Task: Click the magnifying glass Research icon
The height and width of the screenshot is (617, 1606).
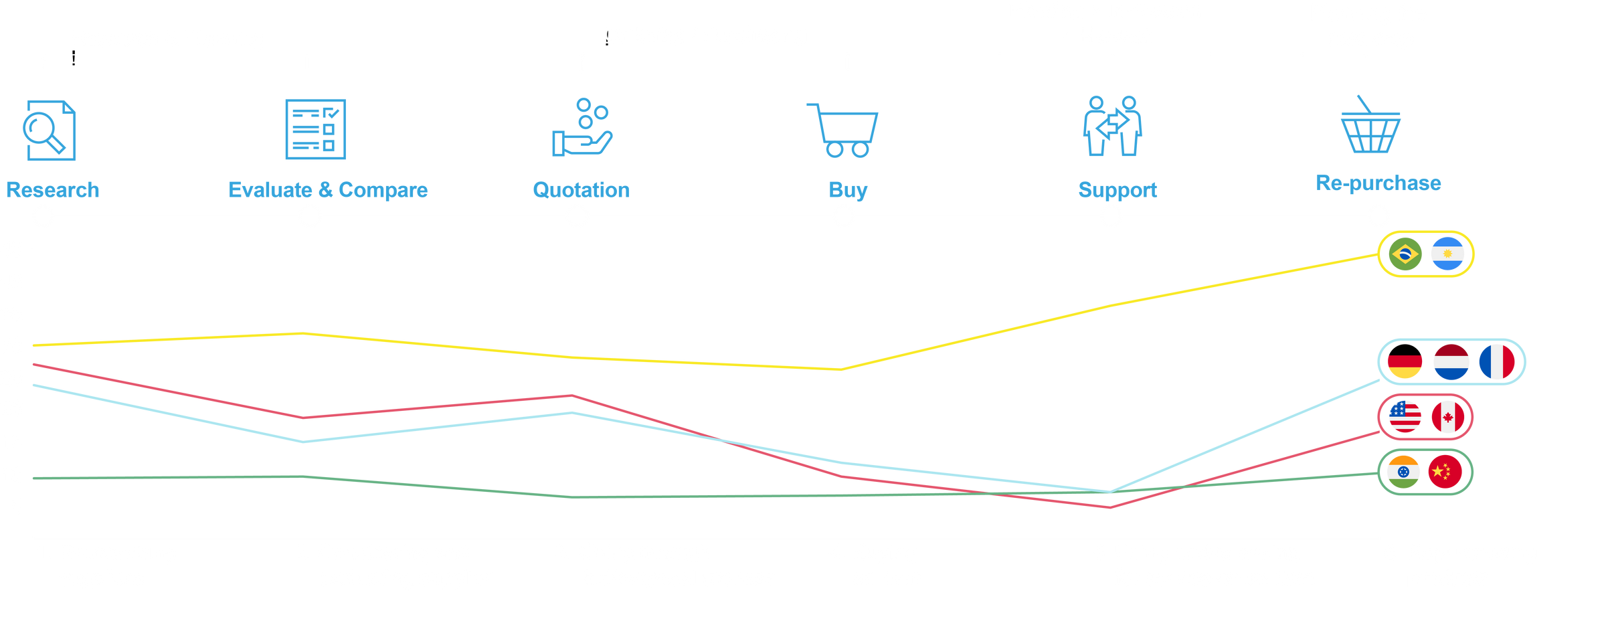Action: [x=50, y=130]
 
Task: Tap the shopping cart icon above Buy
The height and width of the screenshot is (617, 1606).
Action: [x=843, y=130]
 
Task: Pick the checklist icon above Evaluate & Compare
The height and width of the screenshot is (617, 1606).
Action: [x=315, y=129]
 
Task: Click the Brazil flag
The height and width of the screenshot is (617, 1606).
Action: [x=1405, y=254]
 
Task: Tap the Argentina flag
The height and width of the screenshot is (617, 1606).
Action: [x=1447, y=254]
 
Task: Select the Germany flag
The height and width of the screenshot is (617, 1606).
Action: [x=1404, y=362]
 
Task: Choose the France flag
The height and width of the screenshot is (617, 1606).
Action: [x=1497, y=362]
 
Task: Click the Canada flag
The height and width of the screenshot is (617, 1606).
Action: [x=1448, y=417]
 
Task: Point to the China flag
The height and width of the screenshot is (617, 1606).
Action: [x=1445, y=472]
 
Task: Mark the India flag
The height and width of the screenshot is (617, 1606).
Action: [x=1403, y=472]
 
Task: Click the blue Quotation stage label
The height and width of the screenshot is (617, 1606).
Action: [x=581, y=190]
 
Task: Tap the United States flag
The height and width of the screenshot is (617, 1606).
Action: [x=1405, y=417]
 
